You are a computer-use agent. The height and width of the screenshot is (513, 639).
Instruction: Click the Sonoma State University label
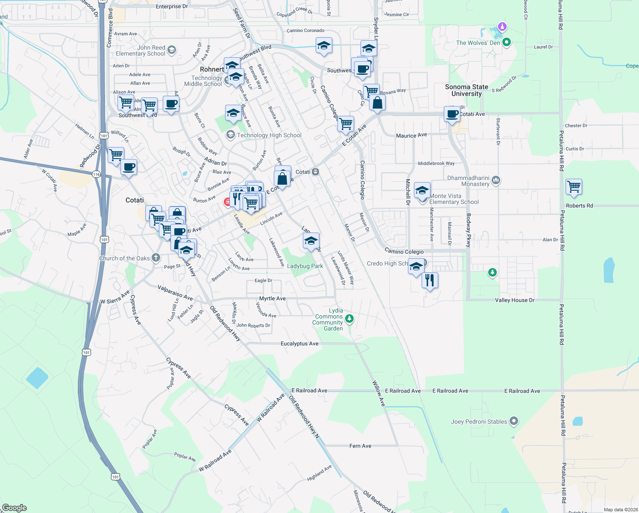(466, 90)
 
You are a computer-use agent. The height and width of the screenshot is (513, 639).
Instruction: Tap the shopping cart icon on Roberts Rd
(574, 187)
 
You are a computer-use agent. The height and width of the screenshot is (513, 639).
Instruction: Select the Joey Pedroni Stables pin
(514, 421)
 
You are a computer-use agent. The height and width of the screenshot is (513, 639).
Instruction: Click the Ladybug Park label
(305, 266)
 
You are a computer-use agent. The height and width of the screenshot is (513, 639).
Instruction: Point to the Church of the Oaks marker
(156, 257)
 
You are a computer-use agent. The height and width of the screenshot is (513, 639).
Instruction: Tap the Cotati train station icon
(316, 172)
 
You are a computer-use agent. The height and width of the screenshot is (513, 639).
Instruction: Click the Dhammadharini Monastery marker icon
(495, 180)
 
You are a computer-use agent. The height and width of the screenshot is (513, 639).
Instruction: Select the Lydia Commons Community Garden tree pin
(349, 318)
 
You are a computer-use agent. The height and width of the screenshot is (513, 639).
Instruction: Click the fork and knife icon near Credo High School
(430, 280)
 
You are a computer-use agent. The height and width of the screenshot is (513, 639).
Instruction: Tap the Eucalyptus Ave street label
(299, 343)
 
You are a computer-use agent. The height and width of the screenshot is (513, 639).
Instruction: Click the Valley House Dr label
(515, 300)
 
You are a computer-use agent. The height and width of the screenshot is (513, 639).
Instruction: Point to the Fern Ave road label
(360, 446)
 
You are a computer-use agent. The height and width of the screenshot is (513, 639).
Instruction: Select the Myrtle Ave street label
(272, 298)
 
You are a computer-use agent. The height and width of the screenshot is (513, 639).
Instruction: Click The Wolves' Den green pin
(507, 42)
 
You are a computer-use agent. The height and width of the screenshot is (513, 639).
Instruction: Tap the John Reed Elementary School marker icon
(171, 50)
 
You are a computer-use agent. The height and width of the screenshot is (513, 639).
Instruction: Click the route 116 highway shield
(96, 174)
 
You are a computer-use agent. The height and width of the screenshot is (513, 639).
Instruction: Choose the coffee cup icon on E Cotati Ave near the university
(452, 114)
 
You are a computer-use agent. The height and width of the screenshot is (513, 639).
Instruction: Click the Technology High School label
(269, 135)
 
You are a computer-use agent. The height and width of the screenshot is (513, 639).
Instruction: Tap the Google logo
(14, 507)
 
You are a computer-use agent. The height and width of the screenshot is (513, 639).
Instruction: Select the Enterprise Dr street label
(172, 6)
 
